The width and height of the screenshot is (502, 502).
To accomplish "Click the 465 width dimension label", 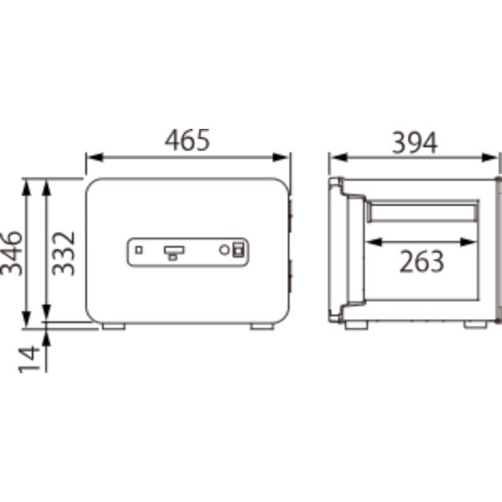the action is coord(187,140).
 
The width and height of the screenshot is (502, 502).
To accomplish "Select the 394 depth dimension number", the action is coord(415,143).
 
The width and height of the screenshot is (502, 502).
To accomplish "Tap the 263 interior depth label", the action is coord(422,262).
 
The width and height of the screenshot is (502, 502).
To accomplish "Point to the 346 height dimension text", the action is coord(12,254).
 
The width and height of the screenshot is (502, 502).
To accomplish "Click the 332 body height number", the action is coord(64,254).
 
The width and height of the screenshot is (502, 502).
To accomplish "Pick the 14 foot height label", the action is coord(29,359).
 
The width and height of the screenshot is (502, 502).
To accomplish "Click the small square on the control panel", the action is coord(139,249).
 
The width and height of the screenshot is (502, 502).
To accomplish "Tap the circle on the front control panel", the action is coord(224,249).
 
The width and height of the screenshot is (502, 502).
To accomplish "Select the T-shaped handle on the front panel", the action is coord(174,253).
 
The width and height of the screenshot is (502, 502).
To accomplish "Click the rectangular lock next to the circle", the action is coord(238,249).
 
